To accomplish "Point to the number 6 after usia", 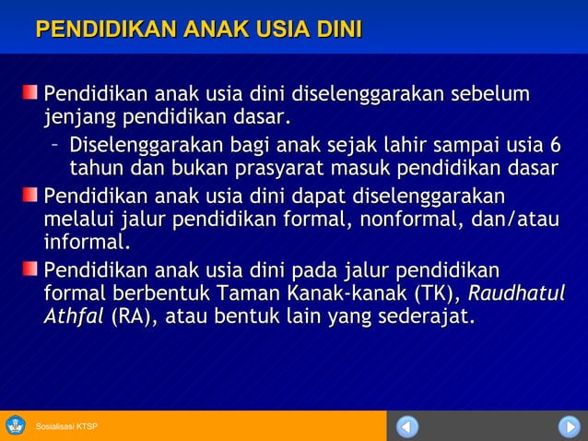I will pyautogui.click(x=554, y=146).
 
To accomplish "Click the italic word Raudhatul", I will pyautogui.click(x=518, y=294).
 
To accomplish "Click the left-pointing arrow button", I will pyautogui.click(x=407, y=426).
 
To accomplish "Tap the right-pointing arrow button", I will pyautogui.click(x=568, y=426).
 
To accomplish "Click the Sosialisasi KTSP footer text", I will pyautogui.click(x=67, y=426).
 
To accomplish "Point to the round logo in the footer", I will pyautogui.click(x=16, y=425).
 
